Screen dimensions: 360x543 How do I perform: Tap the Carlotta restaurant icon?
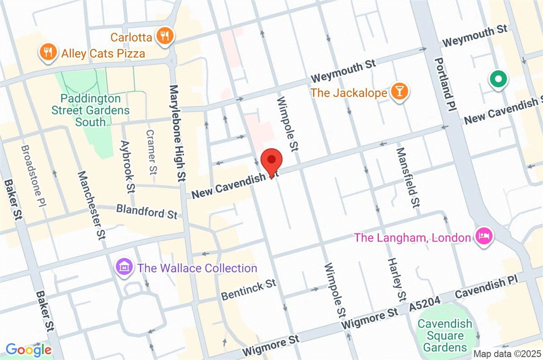point(165,36)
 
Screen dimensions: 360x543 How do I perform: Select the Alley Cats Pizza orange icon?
point(47,52)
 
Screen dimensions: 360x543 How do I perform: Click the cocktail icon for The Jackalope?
point(400,92)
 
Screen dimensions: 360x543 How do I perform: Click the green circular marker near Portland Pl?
point(498,81)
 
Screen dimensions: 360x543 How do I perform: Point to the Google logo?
point(29,349)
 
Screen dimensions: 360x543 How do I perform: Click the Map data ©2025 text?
point(506,353)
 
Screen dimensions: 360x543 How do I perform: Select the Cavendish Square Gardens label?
point(445,336)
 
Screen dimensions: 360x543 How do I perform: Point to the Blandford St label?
point(147,211)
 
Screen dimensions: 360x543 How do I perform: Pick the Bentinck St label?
point(248,290)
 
